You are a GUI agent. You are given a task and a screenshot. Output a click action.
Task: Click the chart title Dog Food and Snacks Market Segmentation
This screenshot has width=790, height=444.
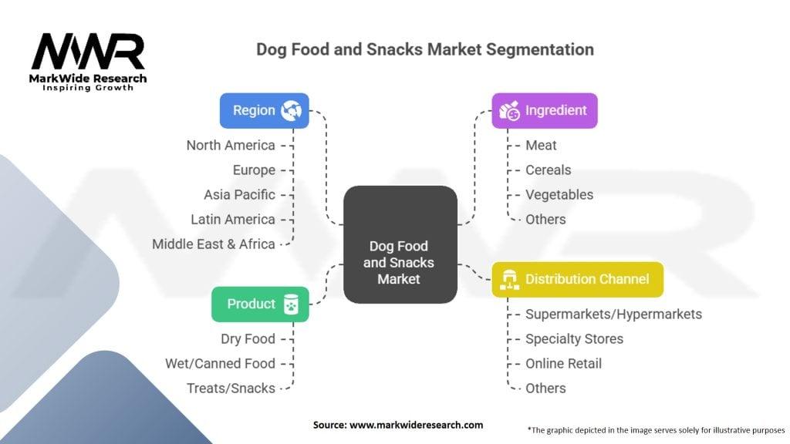pos(425,50)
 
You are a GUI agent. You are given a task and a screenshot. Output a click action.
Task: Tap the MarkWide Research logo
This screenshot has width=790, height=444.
pos(89,59)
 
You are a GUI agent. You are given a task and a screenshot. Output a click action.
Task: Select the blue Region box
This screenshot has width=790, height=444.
pos(264,110)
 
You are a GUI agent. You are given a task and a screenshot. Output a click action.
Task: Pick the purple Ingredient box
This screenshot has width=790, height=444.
pos(545,110)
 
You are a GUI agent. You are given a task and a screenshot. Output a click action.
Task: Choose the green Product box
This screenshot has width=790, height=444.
pos(260,304)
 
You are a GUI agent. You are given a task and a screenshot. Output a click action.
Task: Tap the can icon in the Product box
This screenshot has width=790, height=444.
pos(291,304)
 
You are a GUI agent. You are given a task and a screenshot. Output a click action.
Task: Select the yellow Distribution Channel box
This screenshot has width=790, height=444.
pos(577,279)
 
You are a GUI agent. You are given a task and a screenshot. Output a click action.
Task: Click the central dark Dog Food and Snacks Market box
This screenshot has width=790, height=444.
pos(400,244)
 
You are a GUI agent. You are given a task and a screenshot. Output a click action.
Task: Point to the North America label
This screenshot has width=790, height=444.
pos(230,145)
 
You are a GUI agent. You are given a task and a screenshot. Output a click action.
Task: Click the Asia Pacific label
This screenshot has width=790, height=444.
pos(239,194)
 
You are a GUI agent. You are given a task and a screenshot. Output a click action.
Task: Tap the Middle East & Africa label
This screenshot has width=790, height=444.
pos(213,244)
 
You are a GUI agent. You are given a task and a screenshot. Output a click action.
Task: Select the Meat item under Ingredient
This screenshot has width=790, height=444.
pos(541,145)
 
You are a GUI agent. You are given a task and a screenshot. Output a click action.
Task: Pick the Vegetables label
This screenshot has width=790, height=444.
pos(559,194)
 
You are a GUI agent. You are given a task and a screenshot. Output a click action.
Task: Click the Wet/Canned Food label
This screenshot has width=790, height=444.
pos(220,363)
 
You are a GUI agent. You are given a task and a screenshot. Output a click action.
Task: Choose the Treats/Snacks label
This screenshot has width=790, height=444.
pos(231,388)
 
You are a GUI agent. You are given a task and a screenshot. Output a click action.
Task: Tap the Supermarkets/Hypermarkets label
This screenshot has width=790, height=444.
pos(613,314)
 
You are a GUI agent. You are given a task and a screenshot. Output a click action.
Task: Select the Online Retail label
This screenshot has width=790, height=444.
pos(563,363)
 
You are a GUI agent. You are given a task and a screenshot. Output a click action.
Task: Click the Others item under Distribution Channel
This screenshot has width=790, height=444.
pos(545,388)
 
